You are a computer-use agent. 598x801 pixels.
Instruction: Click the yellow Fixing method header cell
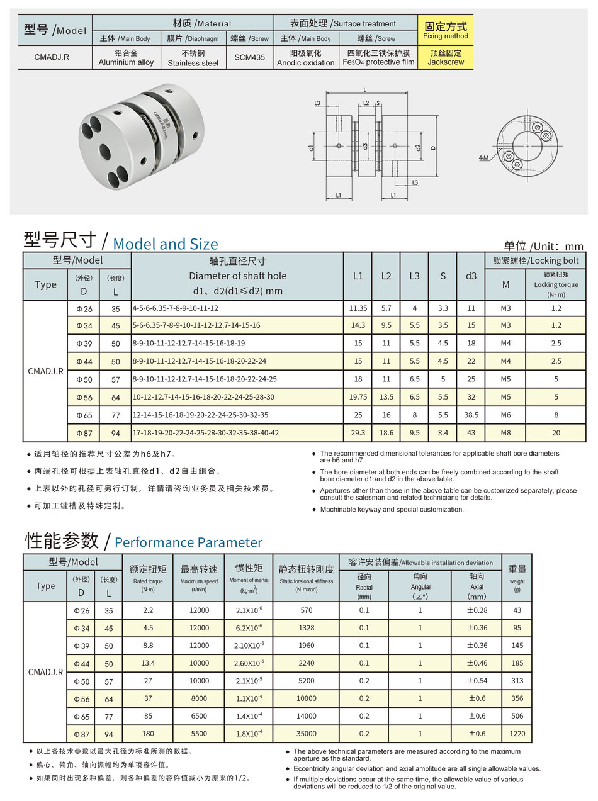pyautogui.click(x=445, y=30)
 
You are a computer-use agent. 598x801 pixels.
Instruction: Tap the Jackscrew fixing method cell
pyautogui.click(x=445, y=58)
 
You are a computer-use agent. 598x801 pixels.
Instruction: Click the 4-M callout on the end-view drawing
pyautogui.click(x=483, y=158)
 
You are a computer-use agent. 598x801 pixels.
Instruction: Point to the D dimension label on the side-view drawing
pyautogui.click(x=433, y=148)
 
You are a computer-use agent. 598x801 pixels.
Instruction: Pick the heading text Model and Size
pyautogui.click(x=166, y=244)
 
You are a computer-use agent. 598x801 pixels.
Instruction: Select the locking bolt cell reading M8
pyautogui.click(x=505, y=432)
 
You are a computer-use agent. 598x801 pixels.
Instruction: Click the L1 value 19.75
pyautogui.click(x=358, y=397)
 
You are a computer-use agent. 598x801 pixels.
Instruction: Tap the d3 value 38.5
pyautogui.click(x=471, y=415)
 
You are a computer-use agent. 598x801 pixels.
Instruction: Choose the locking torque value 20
pyautogui.click(x=555, y=432)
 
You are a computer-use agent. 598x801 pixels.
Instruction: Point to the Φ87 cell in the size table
pyautogui.click(x=84, y=432)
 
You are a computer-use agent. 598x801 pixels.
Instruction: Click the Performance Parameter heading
pyautogui.click(x=188, y=542)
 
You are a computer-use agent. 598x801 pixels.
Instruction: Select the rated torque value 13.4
pyautogui.click(x=148, y=663)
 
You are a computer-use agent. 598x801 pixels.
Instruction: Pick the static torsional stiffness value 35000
pyautogui.click(x=306, y=734)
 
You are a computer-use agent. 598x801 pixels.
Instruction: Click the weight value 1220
pyautogui.click(x=517, y=734)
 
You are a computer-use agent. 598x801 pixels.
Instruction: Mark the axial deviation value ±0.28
pyautogui.click(x=477, y=610)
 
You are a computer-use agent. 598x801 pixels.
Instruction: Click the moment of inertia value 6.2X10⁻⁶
pyautogui.click(x=249, y=628)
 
